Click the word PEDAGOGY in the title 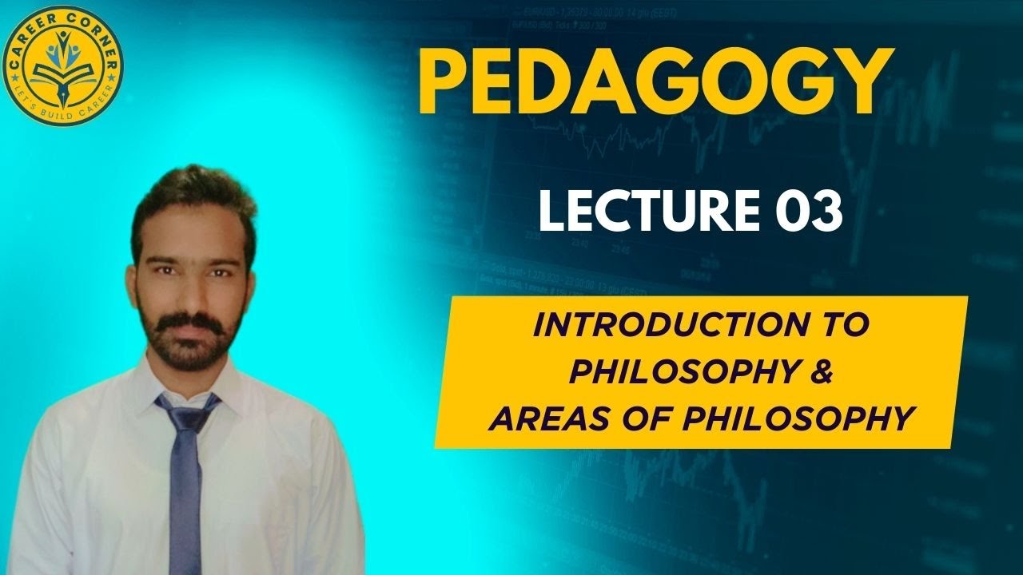point(653,81)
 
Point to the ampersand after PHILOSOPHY point(815,372)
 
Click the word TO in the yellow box point(850,327)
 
